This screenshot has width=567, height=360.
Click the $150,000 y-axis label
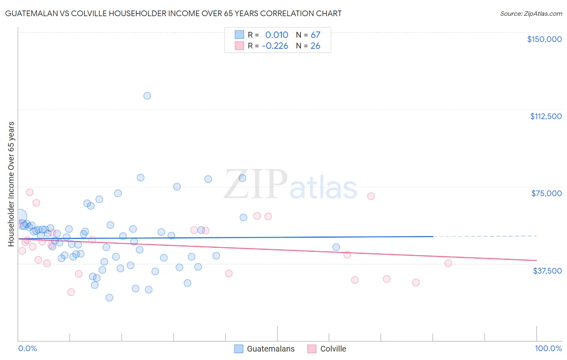(x=544, y=39)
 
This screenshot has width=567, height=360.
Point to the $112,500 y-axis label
(x=546, y=116)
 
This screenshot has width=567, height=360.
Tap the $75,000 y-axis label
(x=546, y=193)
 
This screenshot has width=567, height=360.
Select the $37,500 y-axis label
(x=547, y=271)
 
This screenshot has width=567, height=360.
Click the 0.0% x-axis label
(x=27, y=348)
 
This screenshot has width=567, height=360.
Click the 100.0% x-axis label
(x=548, y=348)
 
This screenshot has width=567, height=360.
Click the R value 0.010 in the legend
(x=277, y=35)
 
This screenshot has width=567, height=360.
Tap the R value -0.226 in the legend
(x=275, y=46)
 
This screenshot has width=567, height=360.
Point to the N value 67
(x=315, y=35)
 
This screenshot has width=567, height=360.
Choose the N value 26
(x=315, y=46)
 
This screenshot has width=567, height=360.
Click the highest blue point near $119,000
(x=147, y=96)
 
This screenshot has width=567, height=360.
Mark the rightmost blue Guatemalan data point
(x=336, y=247)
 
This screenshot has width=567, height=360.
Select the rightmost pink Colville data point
(x=448, y=263)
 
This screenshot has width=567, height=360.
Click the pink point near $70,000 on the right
(x=371, y=196)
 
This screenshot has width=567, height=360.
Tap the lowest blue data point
(x=109, y=297)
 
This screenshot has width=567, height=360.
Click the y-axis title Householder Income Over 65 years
(x=11, y=184)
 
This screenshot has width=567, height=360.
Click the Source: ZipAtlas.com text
(x=531, y=14)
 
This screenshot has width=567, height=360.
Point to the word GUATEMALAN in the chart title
(x=33, y=13)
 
